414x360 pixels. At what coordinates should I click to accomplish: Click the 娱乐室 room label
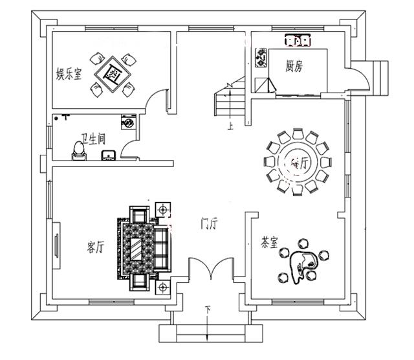(69, 74)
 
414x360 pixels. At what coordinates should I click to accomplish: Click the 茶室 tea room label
(269, 243)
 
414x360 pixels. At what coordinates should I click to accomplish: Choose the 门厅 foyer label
(208, 225)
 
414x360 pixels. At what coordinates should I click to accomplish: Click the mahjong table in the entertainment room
(114, 74)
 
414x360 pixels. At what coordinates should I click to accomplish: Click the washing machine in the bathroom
(128, 122)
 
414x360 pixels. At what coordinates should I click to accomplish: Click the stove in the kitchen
(263, 57)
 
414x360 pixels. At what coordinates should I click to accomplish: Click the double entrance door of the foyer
(208, 270)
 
